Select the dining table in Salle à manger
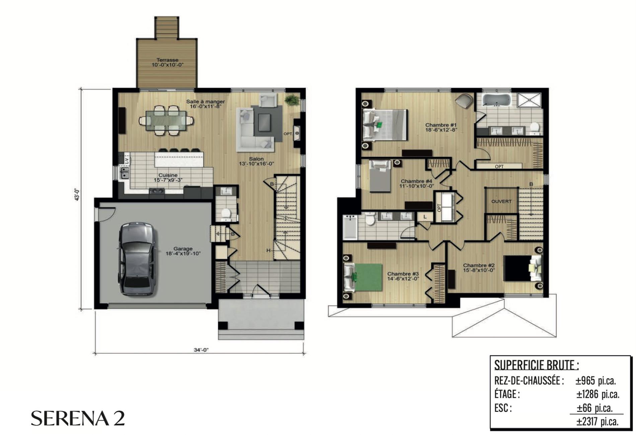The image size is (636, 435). click(166, 120)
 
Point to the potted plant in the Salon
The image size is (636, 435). click(292, 100)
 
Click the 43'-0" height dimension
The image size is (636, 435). click(77, 195)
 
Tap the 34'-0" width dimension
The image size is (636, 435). click(201, 350)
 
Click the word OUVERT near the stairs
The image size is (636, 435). click(501, 201)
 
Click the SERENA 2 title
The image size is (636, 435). click(78, 418)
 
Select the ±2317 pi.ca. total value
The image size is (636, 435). click(597, 422)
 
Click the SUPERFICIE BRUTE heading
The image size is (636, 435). click(536, 365)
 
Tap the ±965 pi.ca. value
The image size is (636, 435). click(596, 381)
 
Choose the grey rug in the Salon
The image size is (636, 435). click(267, 123)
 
